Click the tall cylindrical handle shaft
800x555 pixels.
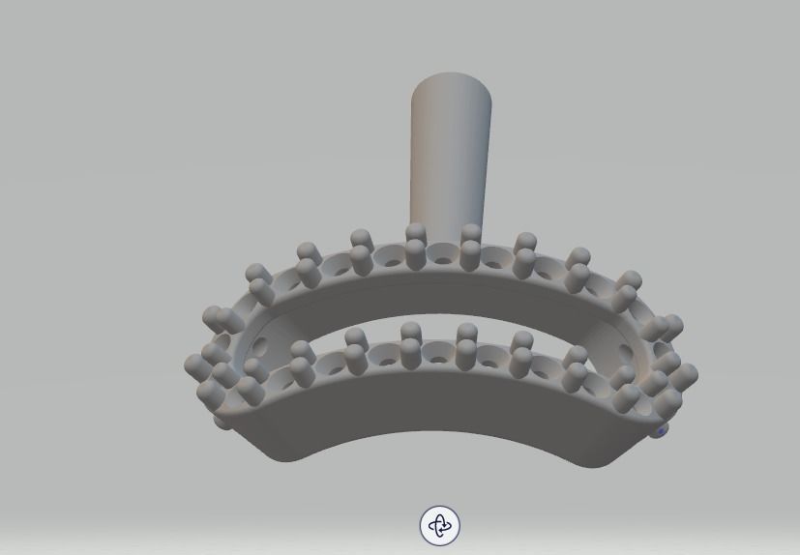pyautogui.click(x=450, y=155)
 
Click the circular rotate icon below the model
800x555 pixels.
pyautogui.click(x=440, y=525)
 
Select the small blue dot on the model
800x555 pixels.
pyautogui.click(x=662, y=431)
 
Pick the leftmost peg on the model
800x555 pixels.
pyautogui.click(x=195, y=365)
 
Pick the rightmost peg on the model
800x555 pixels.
pyautogui.click(x=685, y=374)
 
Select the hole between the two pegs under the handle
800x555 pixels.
pyautogui.click(x=444, y=260)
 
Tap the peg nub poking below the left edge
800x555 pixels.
pyautogui.click(x=223, y=423)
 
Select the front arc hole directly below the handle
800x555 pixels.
pyautogui.click(x=439, y=360)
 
